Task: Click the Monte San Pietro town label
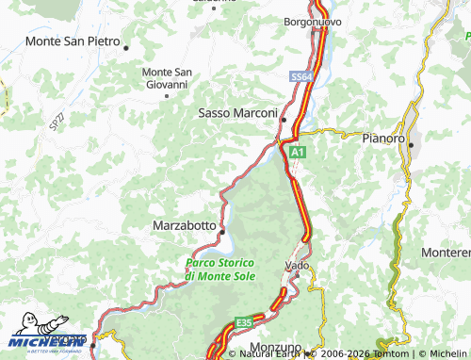73,41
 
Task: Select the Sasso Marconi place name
237,112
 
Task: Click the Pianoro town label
383,138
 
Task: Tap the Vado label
297,267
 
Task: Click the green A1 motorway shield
297,151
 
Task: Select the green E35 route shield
244,322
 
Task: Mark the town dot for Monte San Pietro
125,46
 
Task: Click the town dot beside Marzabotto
222,231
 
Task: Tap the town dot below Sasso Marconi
283,120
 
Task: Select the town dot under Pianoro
410,144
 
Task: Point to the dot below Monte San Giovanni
168,94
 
